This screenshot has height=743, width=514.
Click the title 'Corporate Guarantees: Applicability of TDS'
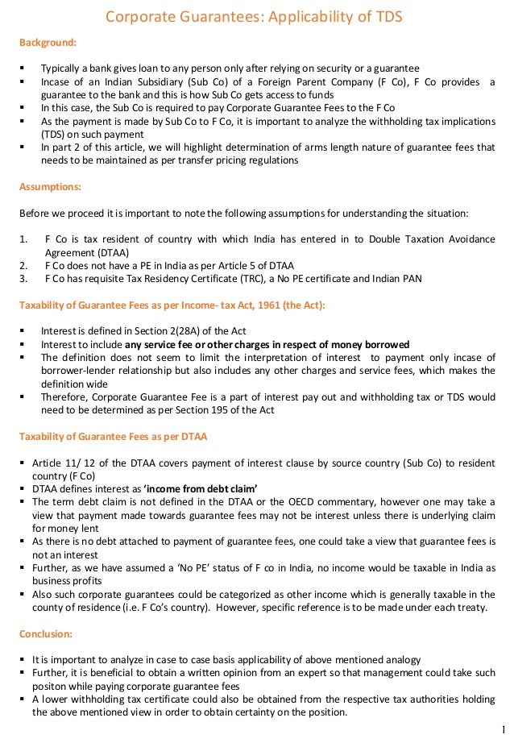tap(255, 15)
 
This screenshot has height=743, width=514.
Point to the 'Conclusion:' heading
tap(45, 633)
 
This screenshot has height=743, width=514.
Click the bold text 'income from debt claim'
tap(201, 488)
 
